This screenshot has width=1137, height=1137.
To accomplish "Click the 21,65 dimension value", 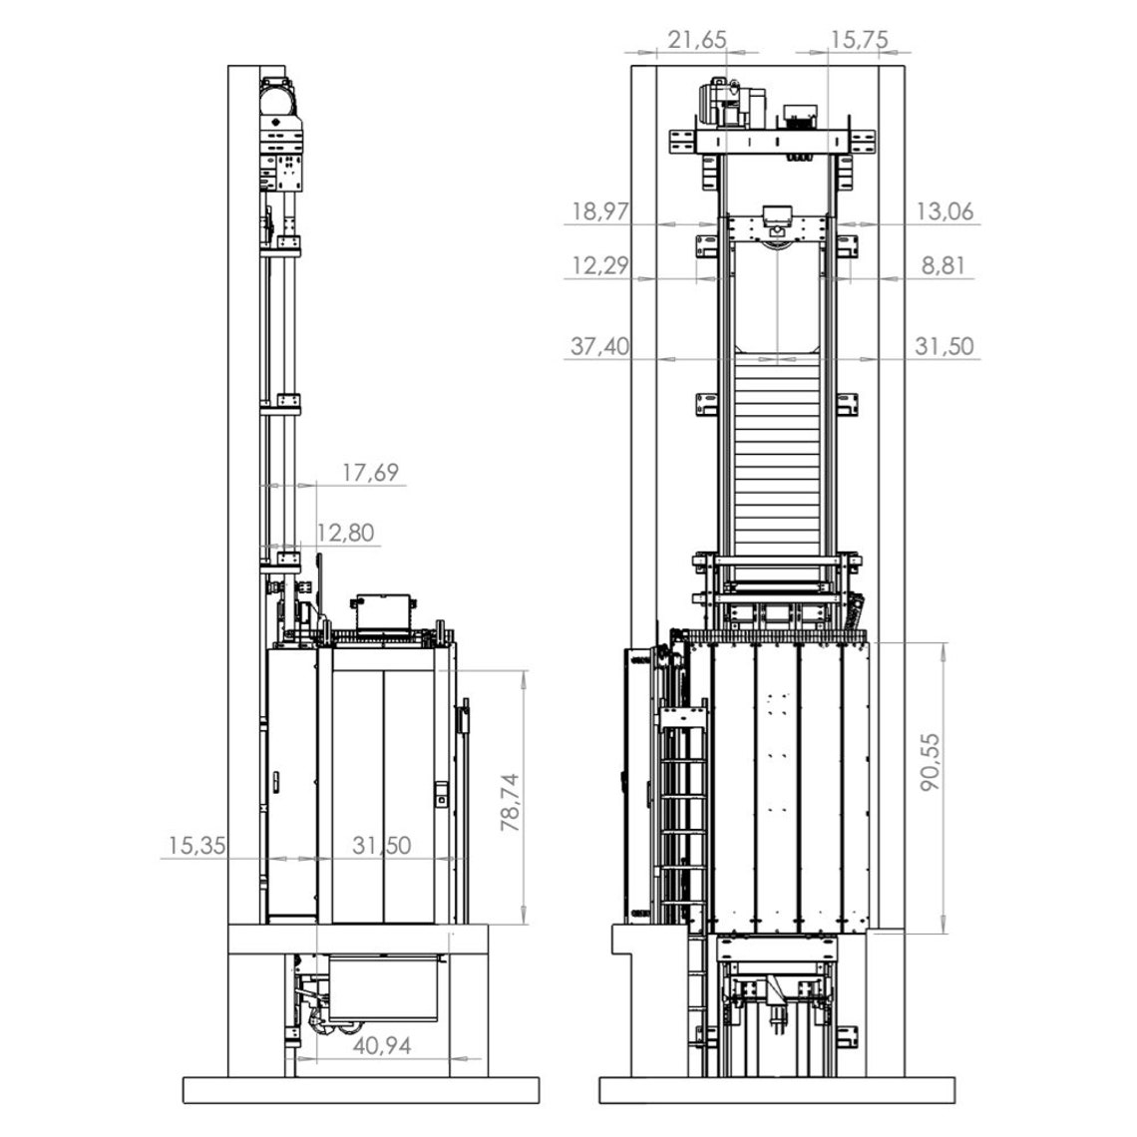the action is (697, 39).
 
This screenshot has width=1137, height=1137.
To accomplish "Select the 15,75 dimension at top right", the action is (860, 39).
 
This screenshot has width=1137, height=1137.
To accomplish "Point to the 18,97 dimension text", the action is (600, 211).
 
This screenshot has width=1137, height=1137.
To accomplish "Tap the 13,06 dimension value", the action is (945, 211).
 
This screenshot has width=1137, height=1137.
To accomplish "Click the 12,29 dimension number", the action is (600, 265).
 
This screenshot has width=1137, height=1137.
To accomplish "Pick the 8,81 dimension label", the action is (944, 265).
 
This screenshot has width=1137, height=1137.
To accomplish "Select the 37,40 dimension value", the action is (599, 346).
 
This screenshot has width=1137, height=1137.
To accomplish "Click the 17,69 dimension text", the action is (371, 472).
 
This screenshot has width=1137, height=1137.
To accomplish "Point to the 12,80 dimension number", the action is (345, 533).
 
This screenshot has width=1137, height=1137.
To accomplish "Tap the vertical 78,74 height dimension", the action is (511, 802).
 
